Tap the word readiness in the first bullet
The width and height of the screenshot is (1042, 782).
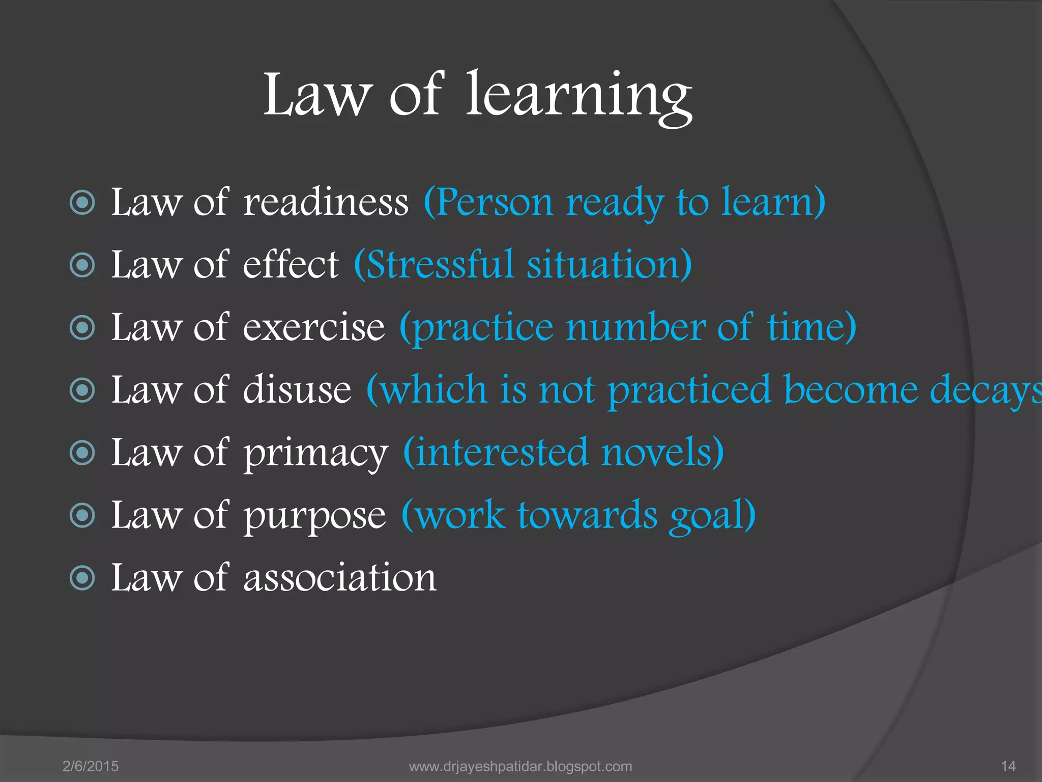[326, 203]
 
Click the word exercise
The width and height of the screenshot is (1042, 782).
[314, 327]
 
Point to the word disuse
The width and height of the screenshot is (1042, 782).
[297, 390]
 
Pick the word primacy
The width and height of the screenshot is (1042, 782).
[315, 453]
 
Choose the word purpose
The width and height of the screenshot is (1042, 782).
[314, 516]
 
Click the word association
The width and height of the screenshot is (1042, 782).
[340, 578]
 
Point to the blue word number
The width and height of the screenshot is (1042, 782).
[635, 327]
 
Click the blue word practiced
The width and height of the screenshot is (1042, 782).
[689, 390]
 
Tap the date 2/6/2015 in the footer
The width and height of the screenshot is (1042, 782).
[91, 766]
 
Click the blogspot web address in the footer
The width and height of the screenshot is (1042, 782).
[520, 766]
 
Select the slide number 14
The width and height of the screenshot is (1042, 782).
[1008, 766]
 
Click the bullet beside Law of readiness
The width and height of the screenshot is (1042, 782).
[82, 203]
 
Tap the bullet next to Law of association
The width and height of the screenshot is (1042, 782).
[82, 578]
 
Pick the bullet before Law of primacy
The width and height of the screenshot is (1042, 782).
[82, 453]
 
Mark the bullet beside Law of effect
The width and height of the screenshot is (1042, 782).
[82, 265]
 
